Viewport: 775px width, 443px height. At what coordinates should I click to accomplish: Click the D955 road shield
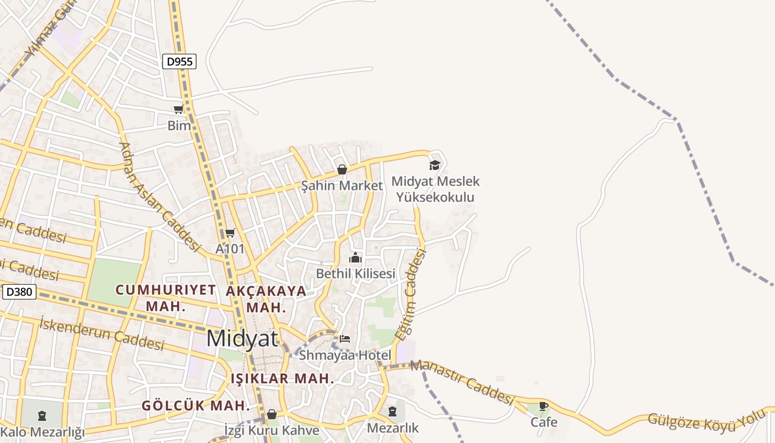179,61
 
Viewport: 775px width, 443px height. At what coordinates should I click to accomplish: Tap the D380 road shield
19,292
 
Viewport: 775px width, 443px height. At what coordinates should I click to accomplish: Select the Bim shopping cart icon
178,110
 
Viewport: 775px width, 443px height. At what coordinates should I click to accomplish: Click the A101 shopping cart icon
230,233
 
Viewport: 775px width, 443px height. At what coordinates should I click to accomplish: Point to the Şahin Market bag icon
342,169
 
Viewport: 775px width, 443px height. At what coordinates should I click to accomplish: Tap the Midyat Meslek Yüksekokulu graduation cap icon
435,165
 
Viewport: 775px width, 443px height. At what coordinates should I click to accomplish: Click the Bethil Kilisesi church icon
355,257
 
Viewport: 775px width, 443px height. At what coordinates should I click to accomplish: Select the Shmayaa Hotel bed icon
345,338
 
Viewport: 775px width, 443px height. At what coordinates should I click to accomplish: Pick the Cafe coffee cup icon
544,406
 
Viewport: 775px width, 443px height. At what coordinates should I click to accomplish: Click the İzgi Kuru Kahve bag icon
271,414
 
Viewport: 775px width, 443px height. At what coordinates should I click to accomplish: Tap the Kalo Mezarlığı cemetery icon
42,415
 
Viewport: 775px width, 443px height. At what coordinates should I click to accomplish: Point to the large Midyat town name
243,338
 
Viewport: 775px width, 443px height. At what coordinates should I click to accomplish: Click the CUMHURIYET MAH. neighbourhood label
165,297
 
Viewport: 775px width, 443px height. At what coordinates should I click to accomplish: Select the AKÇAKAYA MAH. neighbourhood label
266,298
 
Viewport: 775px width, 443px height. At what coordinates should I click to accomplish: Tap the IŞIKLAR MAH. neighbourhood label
282,379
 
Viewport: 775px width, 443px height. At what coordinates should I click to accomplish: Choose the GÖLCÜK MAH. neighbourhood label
196,405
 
